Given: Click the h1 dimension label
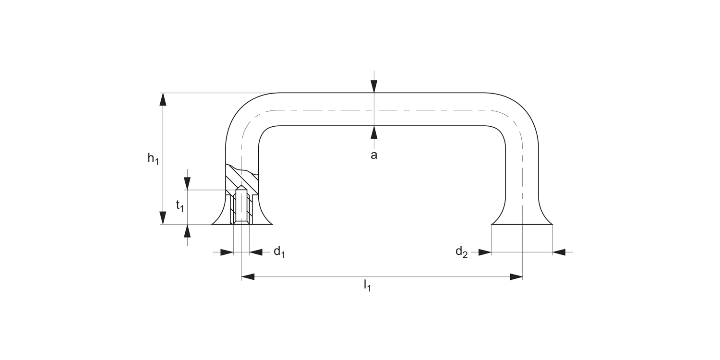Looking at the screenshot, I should pos(153,158).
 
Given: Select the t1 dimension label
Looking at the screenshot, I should pos(180,206).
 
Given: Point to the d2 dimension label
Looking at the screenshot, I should pos(461,252).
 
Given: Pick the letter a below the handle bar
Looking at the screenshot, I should pos(374,155).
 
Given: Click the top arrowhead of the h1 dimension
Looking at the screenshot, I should pos(163,99).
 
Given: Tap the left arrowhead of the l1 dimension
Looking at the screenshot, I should pos(248,277).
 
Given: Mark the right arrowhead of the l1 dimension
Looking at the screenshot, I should pos(516,277).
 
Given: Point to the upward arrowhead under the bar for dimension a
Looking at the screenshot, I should pos(374,132).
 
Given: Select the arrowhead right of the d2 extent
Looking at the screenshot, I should pos(559,252).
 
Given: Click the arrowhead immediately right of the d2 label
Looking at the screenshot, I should pos(485,252).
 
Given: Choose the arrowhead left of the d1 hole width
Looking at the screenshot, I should pos(227,252).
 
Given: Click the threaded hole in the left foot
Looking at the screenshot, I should pos(241,206).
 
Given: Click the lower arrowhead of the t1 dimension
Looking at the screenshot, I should pos(187,231).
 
